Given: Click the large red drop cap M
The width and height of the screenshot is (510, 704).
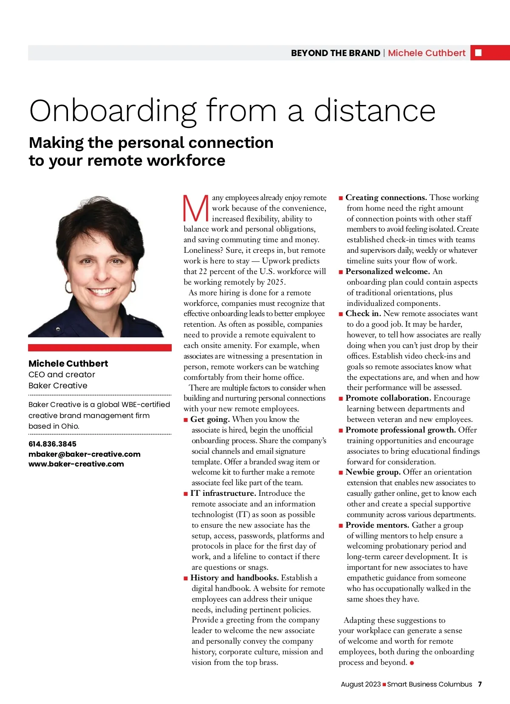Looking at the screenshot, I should point(195,209).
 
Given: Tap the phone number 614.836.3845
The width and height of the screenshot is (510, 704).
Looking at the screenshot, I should point(52,444).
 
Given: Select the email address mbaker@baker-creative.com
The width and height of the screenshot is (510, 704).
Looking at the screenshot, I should point(84,454).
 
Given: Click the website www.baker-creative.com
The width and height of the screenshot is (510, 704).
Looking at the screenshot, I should point(76,464).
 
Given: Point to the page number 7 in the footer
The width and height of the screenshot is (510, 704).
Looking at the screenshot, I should point(480,684).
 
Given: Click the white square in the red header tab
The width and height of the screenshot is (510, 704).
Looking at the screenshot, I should point(478,53).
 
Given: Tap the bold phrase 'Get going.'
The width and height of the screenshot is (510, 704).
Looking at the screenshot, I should point(210,419).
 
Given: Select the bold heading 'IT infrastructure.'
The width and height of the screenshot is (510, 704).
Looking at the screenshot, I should point(223,493).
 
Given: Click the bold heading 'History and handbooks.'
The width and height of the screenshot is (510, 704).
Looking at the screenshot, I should point(235,578).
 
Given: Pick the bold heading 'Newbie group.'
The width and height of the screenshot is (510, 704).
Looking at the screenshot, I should point(373,472).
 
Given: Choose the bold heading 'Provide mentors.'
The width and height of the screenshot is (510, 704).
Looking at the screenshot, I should point(377,525).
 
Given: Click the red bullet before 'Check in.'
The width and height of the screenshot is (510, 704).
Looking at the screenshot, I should point(341,314).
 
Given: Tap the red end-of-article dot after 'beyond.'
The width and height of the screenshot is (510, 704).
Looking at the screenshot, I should point(412,663).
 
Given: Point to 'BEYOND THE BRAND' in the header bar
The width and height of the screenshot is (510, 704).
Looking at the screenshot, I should point(335,53).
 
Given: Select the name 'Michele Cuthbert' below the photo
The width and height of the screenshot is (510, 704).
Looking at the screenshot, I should point(68,364).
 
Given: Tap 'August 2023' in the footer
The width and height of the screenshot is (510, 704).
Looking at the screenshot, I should point(360,684).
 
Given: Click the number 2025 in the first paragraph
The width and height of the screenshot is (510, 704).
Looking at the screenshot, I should point(275,282).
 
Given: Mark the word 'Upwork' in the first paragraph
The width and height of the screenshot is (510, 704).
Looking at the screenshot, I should point(278,261).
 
